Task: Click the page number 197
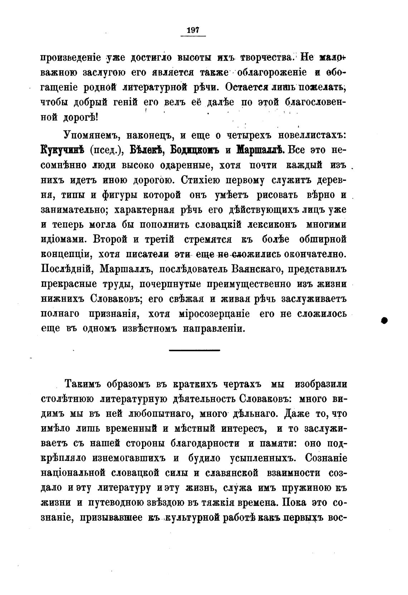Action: [x=193, y=30]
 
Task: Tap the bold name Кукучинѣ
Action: [x=62, y=150]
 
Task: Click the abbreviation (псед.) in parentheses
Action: [x=106, y=150]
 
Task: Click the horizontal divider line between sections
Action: [x=194, y=350]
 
